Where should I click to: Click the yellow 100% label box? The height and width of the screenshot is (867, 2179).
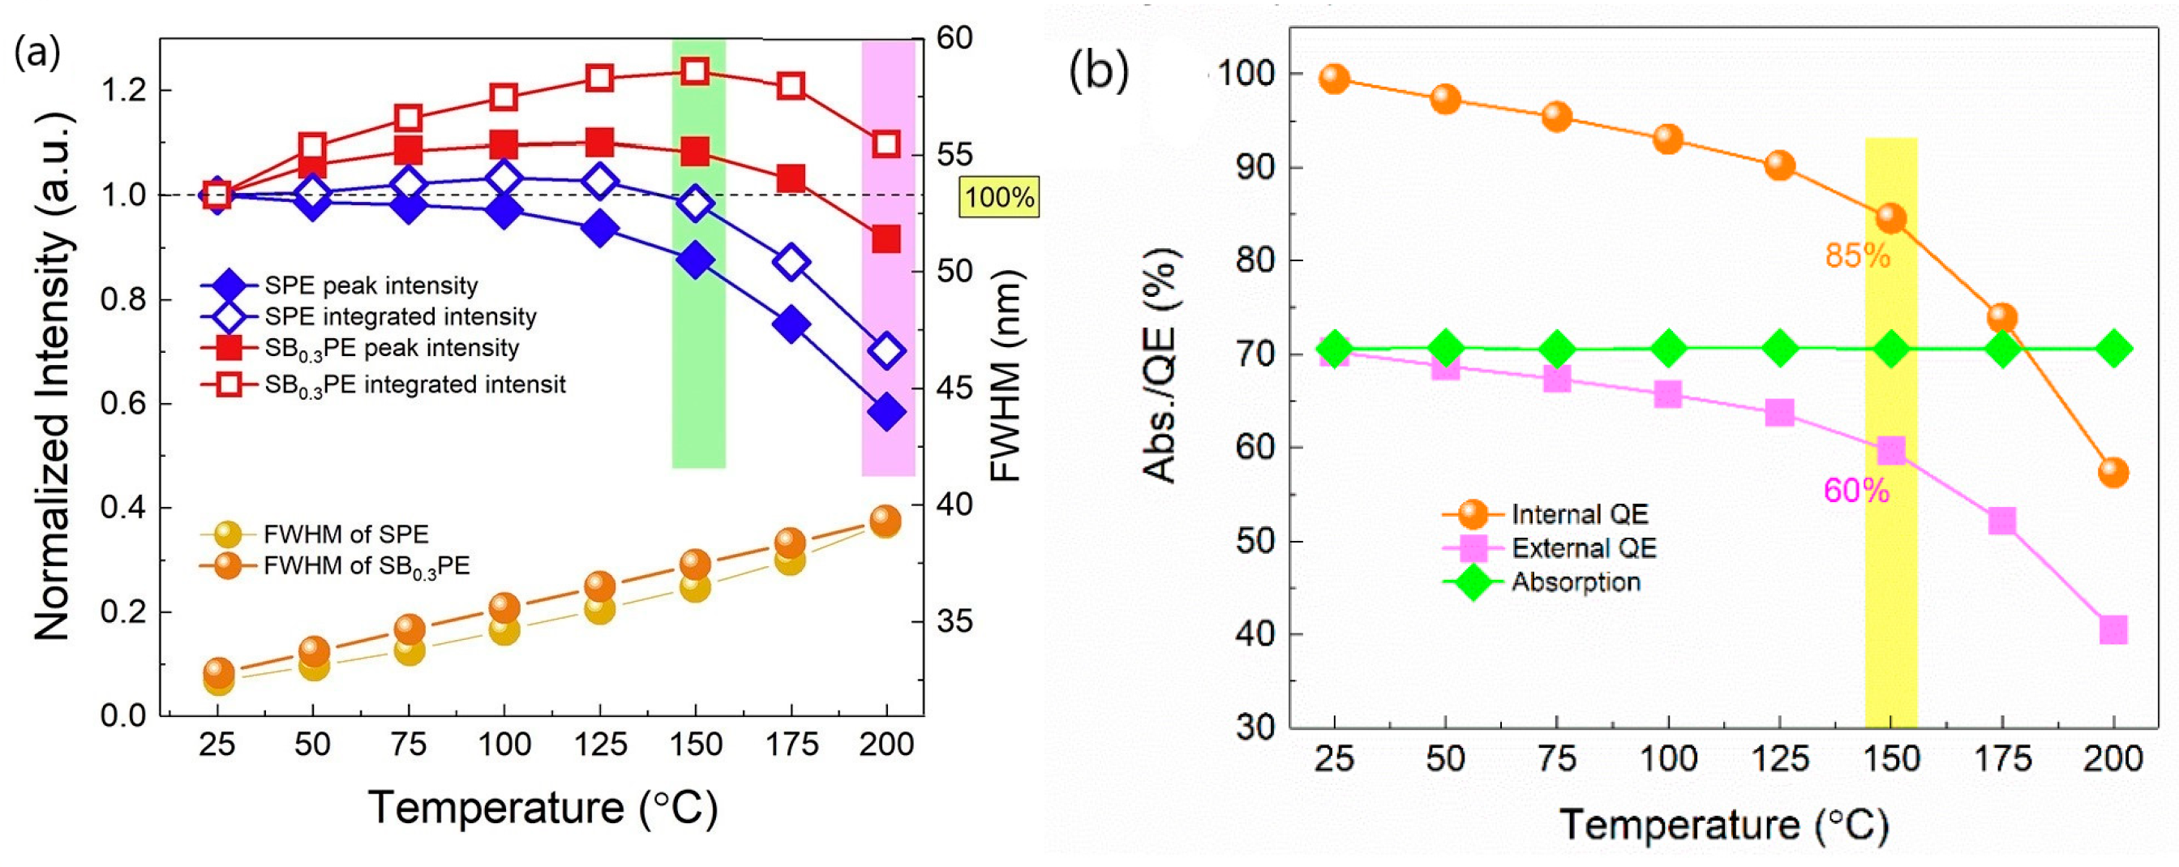point(999,197)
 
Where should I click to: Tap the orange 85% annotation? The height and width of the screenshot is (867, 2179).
point(1857,255)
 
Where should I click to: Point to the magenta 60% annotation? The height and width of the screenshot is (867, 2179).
point(1856,491)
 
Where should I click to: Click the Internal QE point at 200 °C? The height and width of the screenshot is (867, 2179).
point(2113,472)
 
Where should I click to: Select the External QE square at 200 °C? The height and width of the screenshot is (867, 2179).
point(2113,630)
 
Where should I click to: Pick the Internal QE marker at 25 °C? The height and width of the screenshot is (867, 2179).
point(1334,79)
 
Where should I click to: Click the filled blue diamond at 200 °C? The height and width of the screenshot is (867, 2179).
point(886,412)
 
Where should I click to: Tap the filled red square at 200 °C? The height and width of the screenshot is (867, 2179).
point(886,239)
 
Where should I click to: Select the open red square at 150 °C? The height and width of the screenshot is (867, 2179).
point(695,71)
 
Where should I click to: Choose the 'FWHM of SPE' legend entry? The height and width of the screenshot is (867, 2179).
point(345,534)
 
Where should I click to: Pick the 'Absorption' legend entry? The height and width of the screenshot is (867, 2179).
point(1575,583)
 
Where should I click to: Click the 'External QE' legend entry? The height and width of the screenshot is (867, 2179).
point(1583,549)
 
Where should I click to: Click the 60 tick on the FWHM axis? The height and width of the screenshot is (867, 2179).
point(954,38)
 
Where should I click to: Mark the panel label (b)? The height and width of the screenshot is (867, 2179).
point(1099,70)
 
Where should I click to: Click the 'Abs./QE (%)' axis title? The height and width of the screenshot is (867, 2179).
point(1160,366)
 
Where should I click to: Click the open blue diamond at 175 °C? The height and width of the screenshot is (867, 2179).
point(791,263)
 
